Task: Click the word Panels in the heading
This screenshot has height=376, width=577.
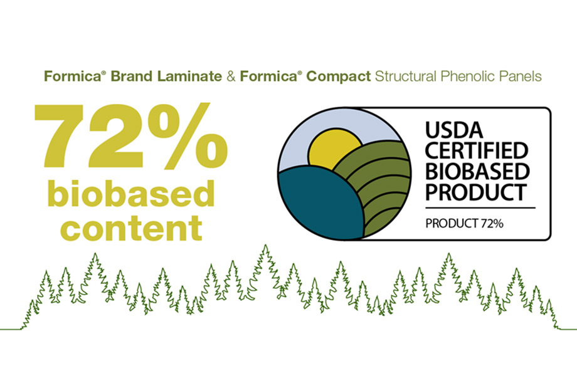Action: click(x=524, y=78)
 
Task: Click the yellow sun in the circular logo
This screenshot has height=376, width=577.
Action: click(x=331, y=151)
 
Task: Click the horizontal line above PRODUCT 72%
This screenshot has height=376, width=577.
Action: click(x=480, y=207)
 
